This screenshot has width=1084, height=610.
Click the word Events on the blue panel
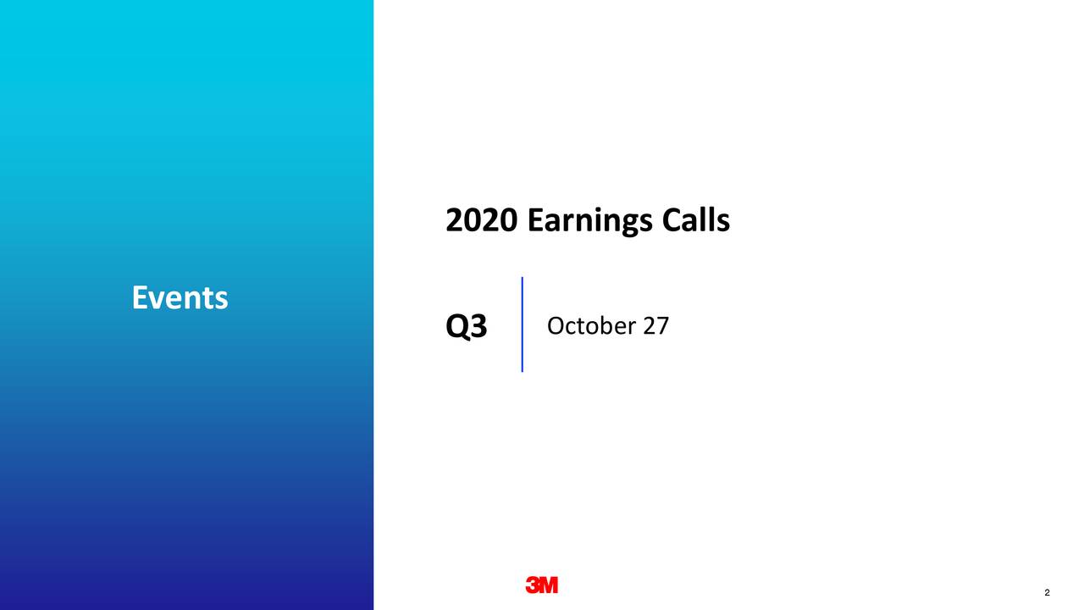(x=180, y=297)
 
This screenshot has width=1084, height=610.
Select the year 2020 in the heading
(x=481, y=221)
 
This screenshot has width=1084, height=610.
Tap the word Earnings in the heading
(x=589, y=222)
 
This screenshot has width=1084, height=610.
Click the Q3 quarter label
(x=466, y=327)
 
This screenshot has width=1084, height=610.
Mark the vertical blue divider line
(x=523, y=324)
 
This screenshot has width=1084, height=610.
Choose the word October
(x=590, y=325)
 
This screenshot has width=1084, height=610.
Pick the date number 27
(x=656, y=325)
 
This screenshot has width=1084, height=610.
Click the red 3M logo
(x=542, y=585)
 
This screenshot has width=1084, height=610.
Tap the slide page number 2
(x=1048, y=592)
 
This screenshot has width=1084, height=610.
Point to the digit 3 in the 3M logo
(x=533, y=585)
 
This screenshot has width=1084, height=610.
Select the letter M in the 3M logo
(x=548, y=585)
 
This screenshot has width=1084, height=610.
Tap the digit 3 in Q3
(x=478, y=327)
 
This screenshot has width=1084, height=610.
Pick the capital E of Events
(x=140, y=297)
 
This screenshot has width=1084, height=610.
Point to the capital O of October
(x=556, y=325)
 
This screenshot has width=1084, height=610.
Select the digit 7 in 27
(x=663, y=325)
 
